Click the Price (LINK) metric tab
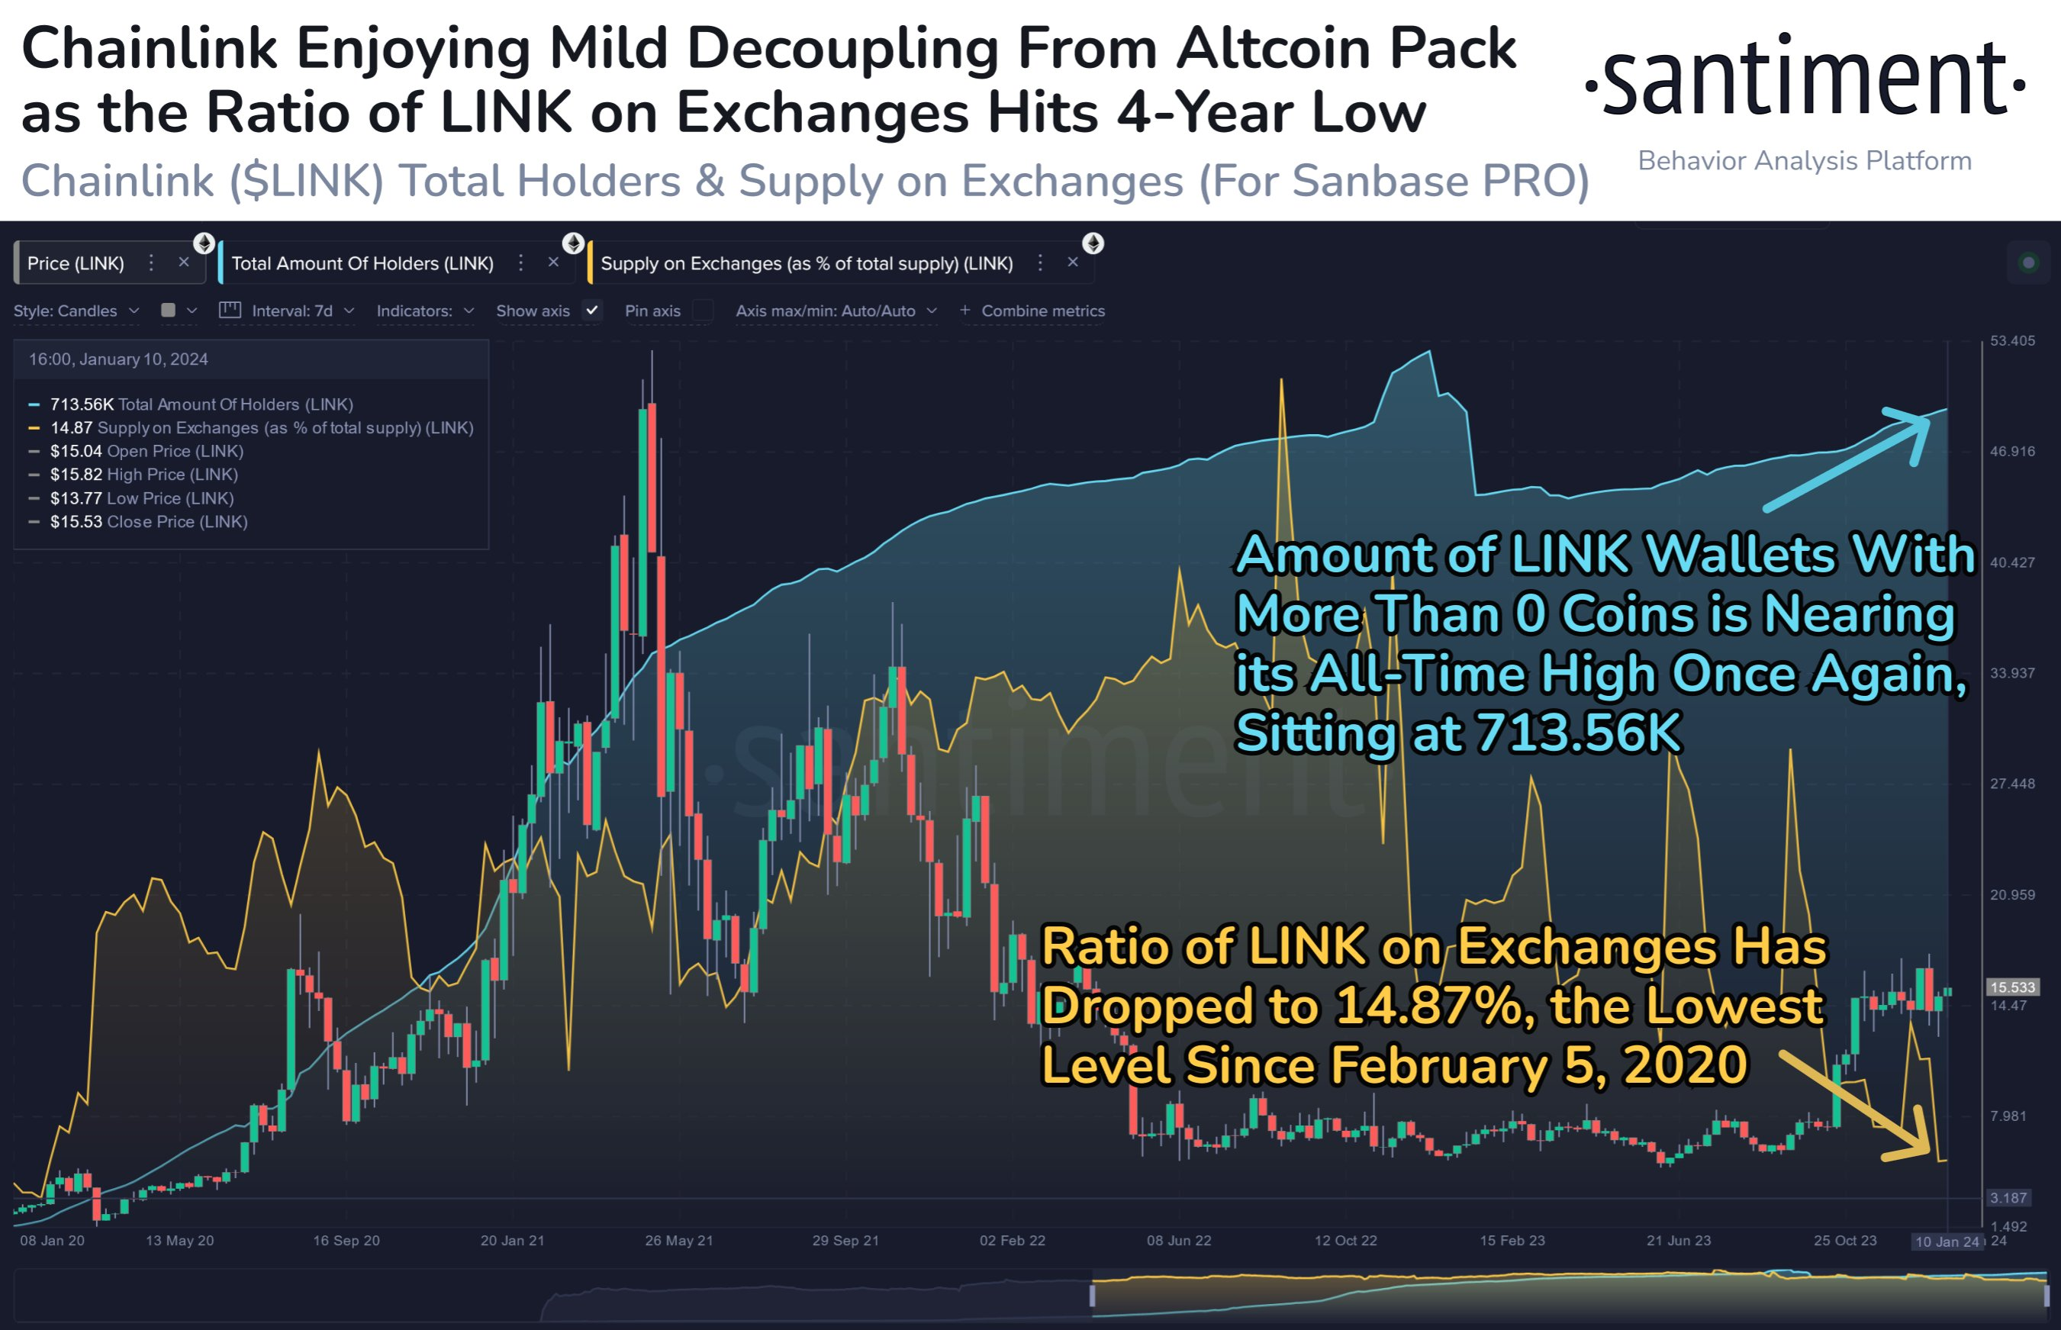coord(76,263)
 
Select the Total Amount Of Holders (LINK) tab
coord(362,263)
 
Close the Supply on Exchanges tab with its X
coord(1072,262)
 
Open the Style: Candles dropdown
coord(76,311)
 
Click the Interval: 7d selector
coord(291,311)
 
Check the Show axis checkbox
coord(592,310)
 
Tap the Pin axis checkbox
coord(703,311)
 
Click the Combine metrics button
coord(1032,311)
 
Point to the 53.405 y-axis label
coord(2012,341)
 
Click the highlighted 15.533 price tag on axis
coord(2012,987)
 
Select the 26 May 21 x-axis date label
coord(678,1241)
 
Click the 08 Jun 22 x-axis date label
coord(1179,1241)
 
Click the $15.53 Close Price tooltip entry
coord(149,522)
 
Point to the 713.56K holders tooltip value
coord(81,404)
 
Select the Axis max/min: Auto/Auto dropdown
coord(835,311)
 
